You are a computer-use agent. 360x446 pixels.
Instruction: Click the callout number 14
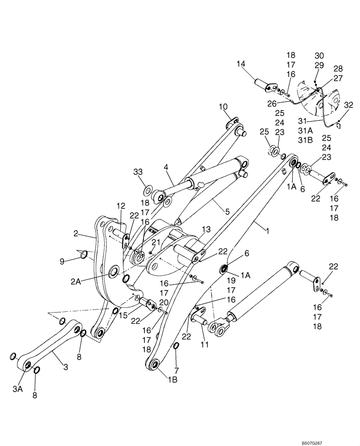click(x=241, y=65)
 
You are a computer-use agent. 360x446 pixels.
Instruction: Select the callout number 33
click(x=138, y=172)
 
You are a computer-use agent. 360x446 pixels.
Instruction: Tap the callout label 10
click(x=223, y=107)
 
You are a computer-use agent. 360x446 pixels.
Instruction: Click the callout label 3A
click(x=17, y=389)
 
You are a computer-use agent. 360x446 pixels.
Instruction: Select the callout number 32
click(x=348, y=105)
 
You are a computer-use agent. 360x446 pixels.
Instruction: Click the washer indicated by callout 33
click(x=147, y=192)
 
